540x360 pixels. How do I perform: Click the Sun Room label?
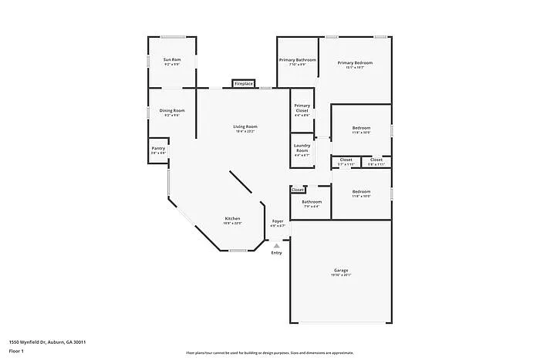point(171,59)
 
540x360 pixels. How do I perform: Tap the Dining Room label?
point(172,110)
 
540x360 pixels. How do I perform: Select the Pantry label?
point(158,148)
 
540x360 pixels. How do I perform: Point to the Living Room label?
point(245,126)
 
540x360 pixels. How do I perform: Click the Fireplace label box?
point(244,83)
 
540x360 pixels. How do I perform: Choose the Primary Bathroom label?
point(298,59)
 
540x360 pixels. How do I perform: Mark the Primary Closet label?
point(302,108)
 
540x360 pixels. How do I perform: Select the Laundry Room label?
point(302,147)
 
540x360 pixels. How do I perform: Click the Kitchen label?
point(233,218)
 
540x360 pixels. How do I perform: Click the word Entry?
point(277,252)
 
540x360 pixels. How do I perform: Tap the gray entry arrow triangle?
point(277,245)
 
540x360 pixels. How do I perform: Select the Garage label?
point(341,270)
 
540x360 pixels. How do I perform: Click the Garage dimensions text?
point(341,274)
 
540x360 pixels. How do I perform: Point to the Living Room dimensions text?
point(245,131)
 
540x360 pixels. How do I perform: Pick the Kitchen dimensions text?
point(233,224)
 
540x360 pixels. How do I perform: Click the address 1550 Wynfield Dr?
point(47,341)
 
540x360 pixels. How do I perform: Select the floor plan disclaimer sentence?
point(269,351)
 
